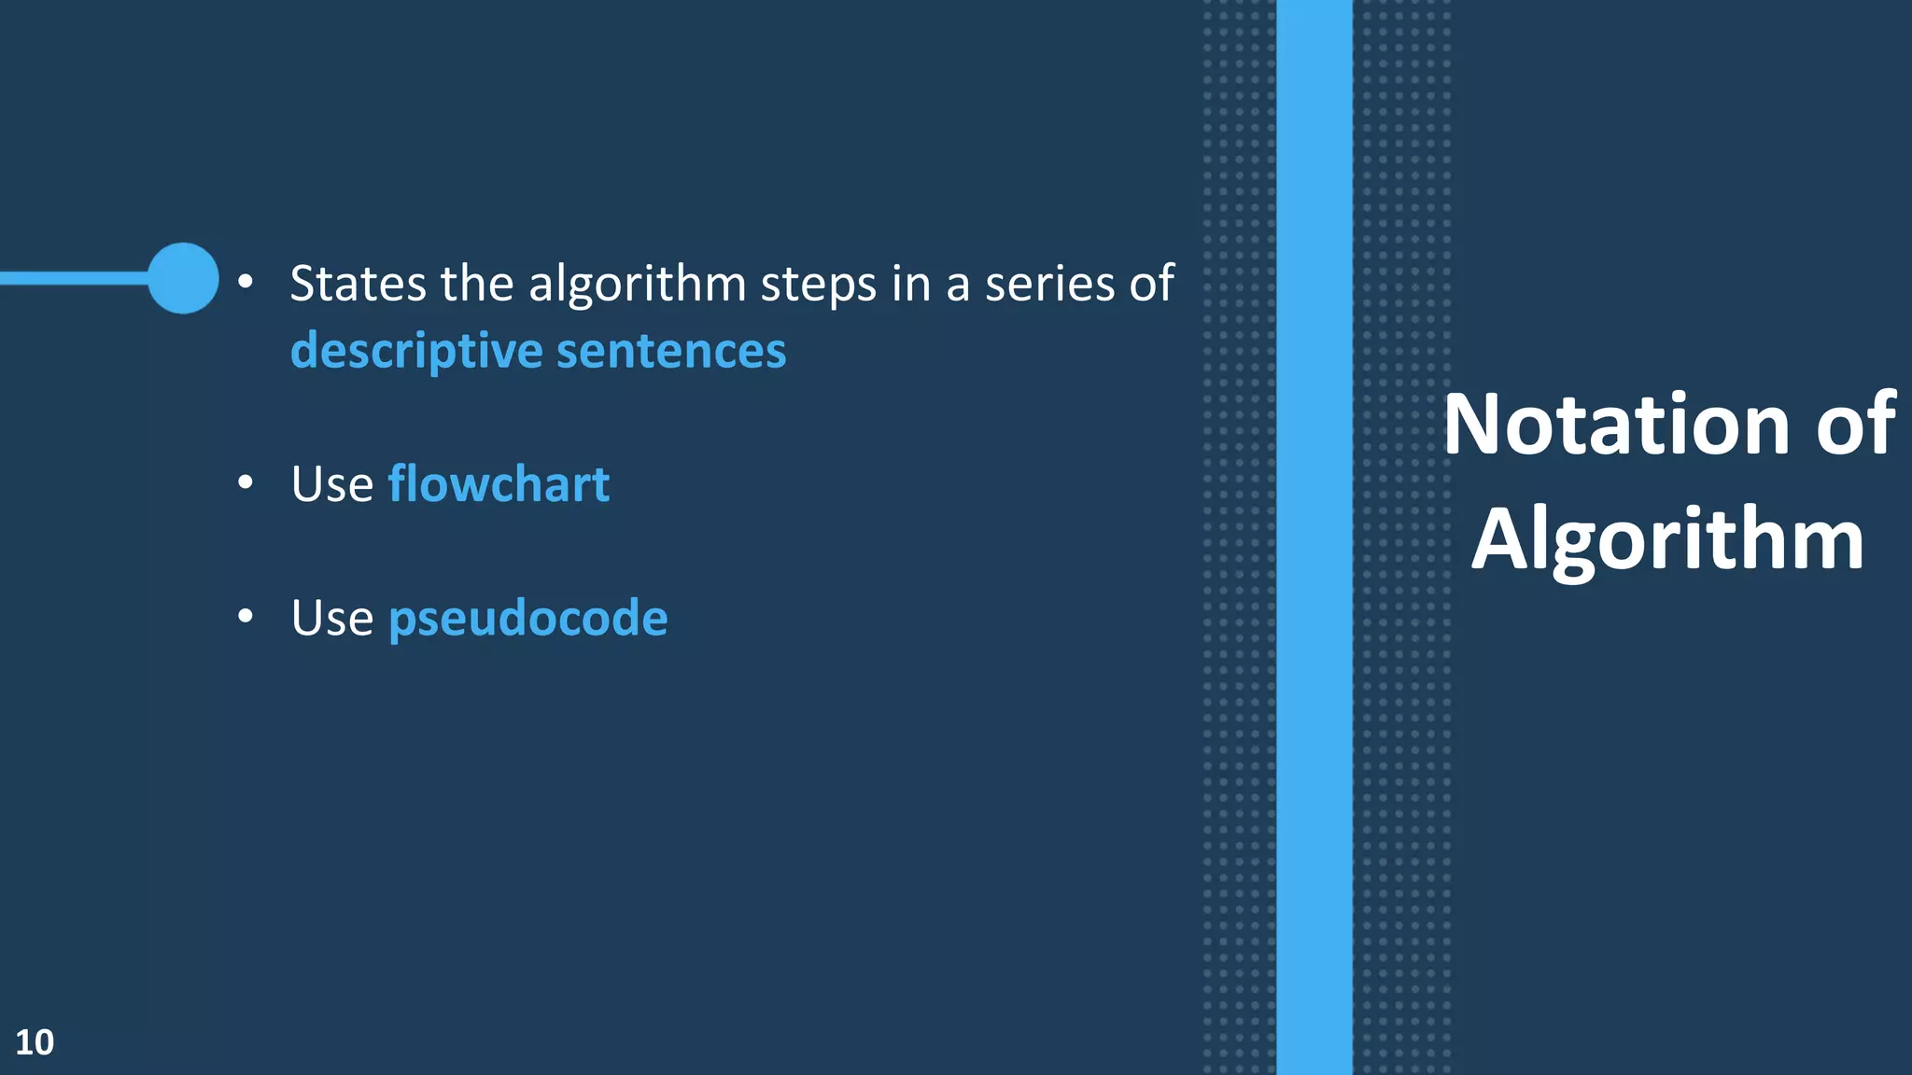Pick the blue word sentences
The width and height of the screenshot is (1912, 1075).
coord(671,352)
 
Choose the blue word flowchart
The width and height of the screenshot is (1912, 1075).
coord(499,484)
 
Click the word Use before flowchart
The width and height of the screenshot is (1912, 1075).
coord(331,485)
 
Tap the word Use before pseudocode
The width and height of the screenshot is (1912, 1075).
coord(331,619)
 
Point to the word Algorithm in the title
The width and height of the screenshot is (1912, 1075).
coord(1667,540)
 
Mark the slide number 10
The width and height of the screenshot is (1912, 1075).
coord(35,1042)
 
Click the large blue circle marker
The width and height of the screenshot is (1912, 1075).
coord(183,278)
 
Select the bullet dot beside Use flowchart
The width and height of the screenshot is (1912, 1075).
coord(246,482)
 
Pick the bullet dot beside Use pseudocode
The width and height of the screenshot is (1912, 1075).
coord(246,616)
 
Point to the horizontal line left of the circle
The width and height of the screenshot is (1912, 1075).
coord(75,278)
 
